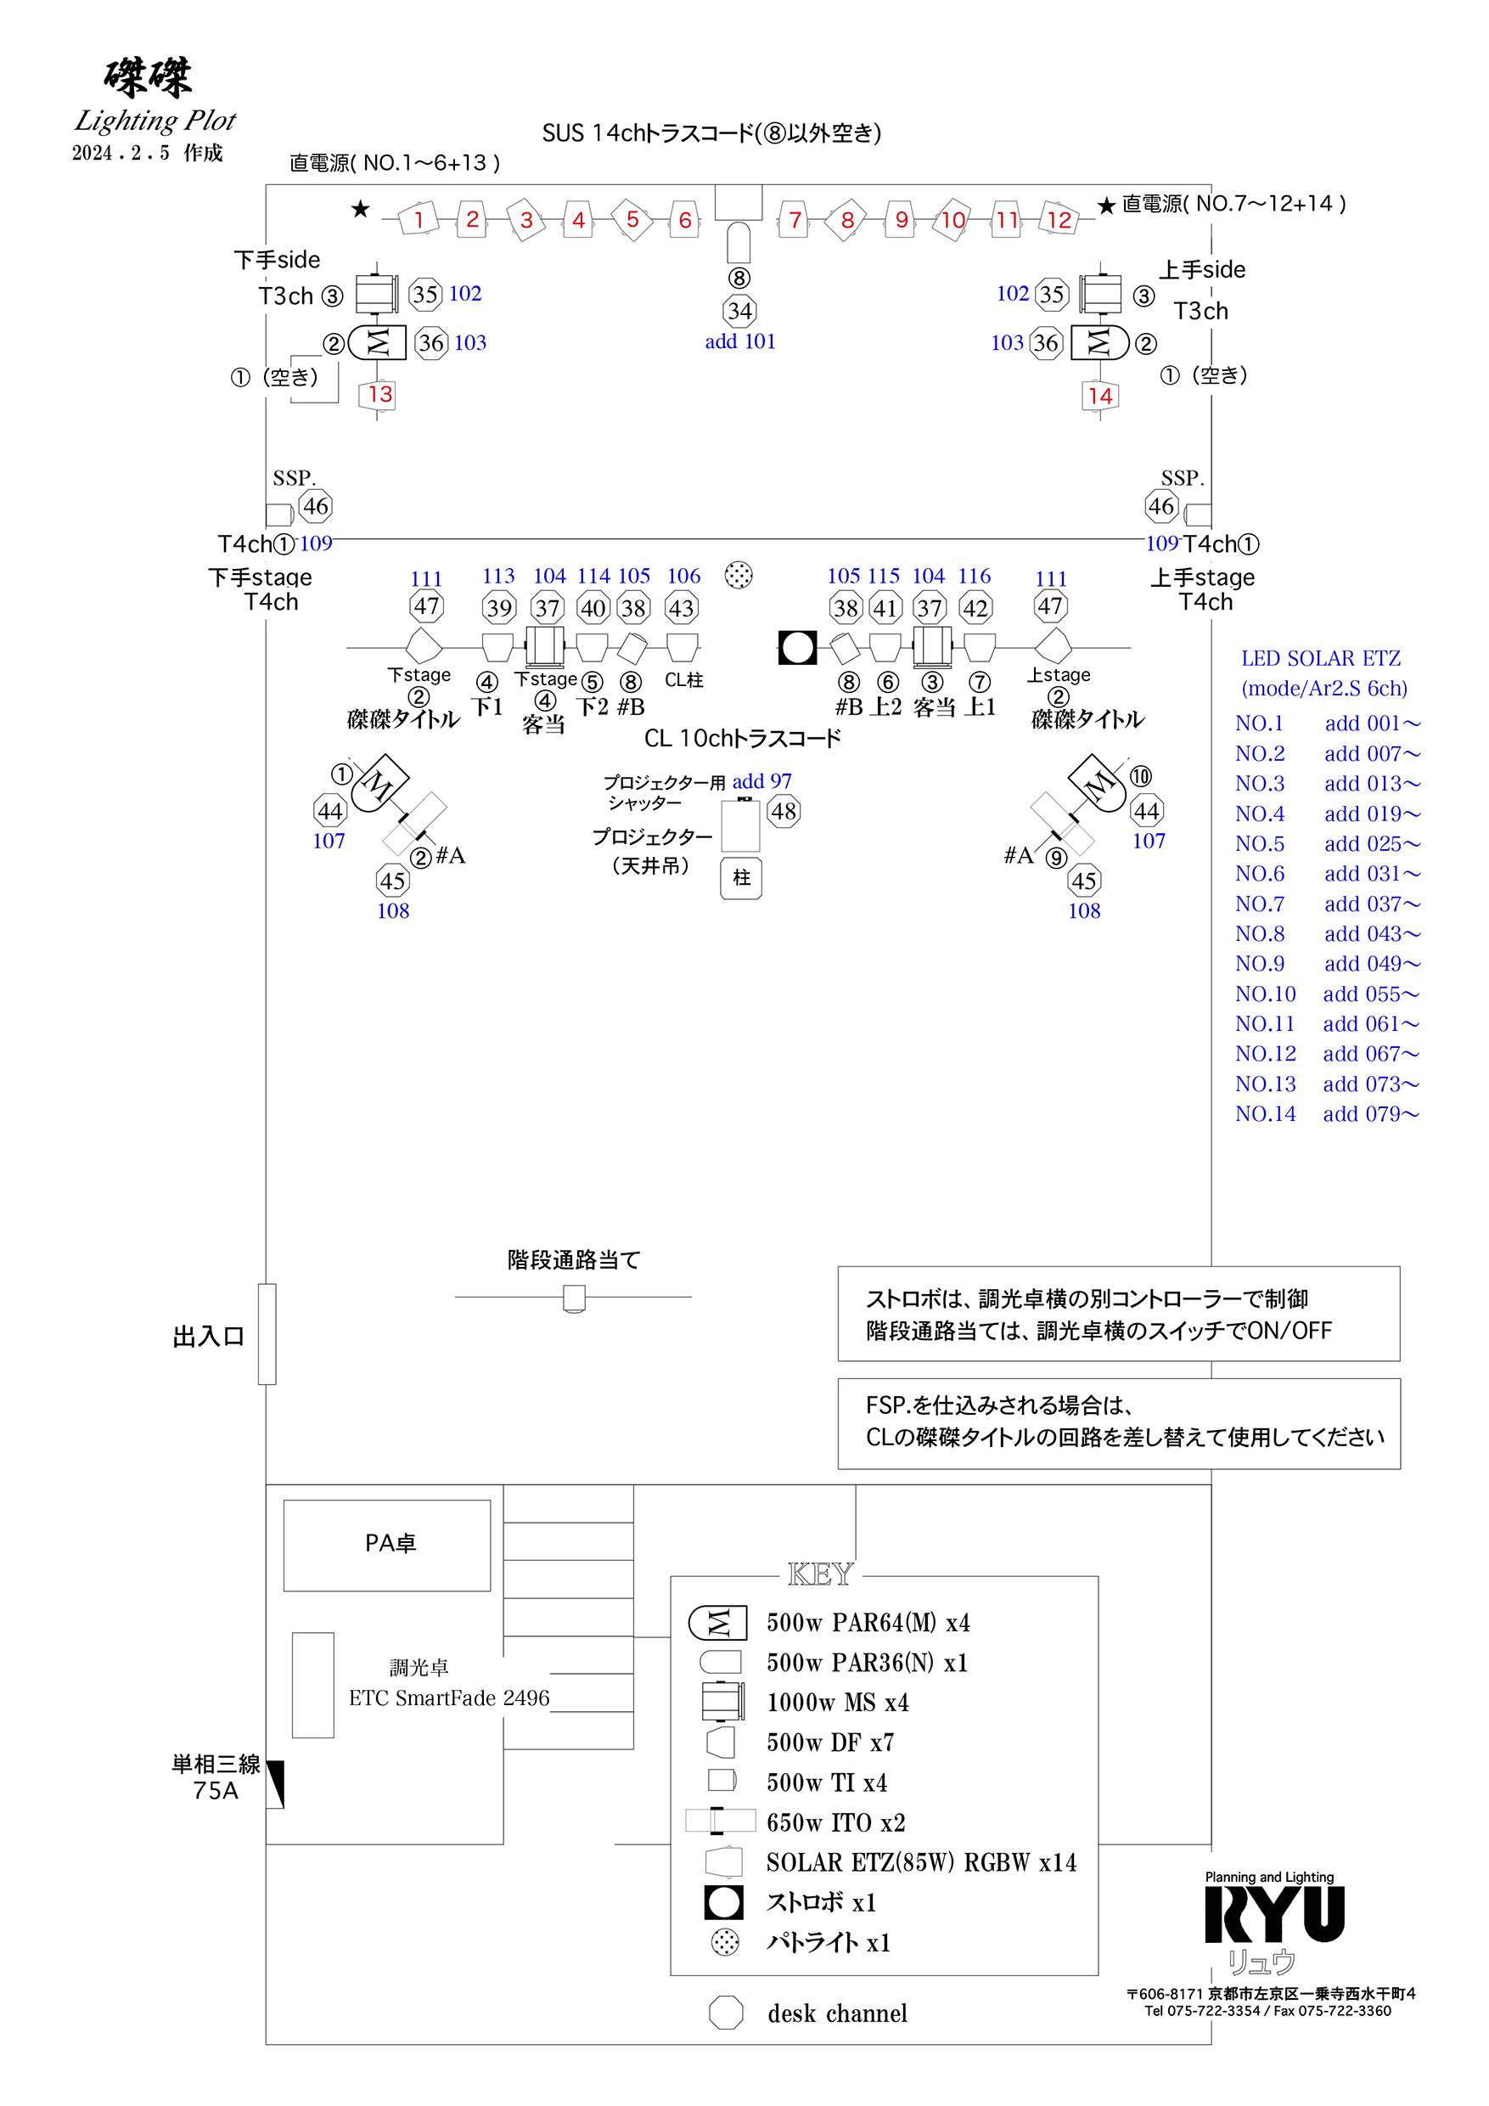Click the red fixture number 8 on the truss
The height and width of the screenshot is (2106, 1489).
tap(847, 220)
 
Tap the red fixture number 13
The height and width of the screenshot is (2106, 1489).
tap(379, 394)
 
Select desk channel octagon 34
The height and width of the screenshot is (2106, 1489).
tap(739, 311)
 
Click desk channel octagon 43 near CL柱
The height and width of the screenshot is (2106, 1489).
tap(680, 608)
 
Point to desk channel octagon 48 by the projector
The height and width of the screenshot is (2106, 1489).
tap(783, 811)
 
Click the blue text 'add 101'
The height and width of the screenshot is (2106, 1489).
tap(740, 341)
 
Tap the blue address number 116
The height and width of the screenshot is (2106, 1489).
tap(974, 576)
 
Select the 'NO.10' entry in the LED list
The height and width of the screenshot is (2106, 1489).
tap(1265, 994)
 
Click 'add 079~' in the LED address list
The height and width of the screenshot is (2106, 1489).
tap(1371, 1114)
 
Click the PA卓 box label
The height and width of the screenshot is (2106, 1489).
tap(390, 1543)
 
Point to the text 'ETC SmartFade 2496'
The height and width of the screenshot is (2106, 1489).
tap(449, 1698)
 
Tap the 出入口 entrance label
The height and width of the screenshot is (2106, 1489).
tap(209, 1337)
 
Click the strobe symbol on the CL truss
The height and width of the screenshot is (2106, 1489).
tap(797, 648)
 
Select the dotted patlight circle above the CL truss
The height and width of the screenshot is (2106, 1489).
tap(738, 575)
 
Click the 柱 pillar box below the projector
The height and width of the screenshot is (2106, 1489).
tap(741, 878)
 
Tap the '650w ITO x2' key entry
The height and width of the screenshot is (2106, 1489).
tap(835, 1822)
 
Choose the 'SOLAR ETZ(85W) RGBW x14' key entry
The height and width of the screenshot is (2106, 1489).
tap(920, 1863)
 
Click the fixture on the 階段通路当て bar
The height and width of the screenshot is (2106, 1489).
tap(574, 1298)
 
